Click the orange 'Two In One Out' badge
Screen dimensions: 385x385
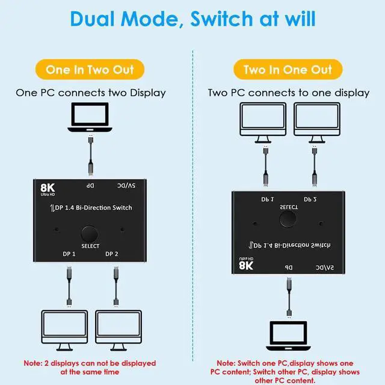pos(288,70)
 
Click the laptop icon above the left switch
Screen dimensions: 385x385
pos(90,118)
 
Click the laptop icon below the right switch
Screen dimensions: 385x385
pos(288,334)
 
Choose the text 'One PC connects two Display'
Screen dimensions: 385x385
pos(90,93)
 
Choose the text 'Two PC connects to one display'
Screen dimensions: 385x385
pos(288,93)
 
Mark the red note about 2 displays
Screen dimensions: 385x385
pos(90,367)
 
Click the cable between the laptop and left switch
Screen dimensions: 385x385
pos(90,156)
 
